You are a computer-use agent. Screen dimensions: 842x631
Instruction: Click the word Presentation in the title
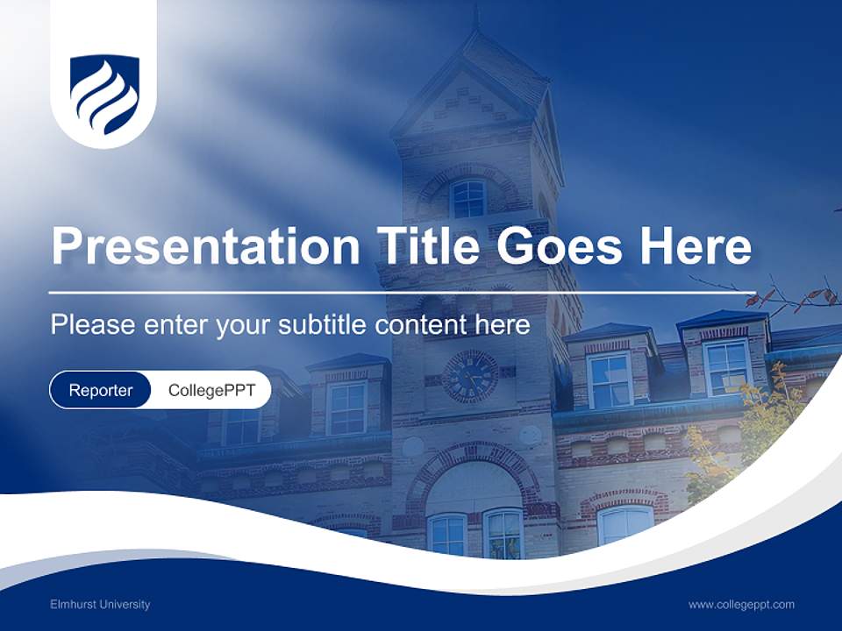pyautogui.click(x=205, y=245)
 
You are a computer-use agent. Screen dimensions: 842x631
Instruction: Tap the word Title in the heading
pyautogui.click(x=428, y=245)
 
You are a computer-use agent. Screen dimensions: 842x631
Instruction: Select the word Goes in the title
pyautogui.click(x=559, y=245)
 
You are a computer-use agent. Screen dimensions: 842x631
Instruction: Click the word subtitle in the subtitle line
pyautogui.click(x=323, y=324)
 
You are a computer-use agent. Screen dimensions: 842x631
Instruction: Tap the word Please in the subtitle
pyautogui.click(x=93, y=324)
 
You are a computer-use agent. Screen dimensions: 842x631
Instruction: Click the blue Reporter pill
pyautogui.click(x=100, y=390)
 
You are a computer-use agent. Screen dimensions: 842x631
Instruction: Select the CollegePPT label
pyautogui.click(x=211, y=390)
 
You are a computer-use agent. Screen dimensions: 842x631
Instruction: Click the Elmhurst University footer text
pyautogui.click(x=100, y=605)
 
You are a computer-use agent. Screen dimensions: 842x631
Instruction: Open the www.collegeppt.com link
pyautogui.click(x=741, y=605)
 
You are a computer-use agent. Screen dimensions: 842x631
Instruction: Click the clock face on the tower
pyautogui.click(x=470, y=377)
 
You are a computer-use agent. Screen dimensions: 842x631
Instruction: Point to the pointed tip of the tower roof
pyautogui.click(x=475, y=11)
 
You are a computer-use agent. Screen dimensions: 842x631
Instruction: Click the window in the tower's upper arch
pyautogui.click(x=468, y=199)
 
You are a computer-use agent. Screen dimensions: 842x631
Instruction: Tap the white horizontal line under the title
pyautogui.click(x=402, y=293)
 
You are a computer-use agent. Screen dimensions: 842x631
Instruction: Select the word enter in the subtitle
pyautogui.click(x=175, y=324)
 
